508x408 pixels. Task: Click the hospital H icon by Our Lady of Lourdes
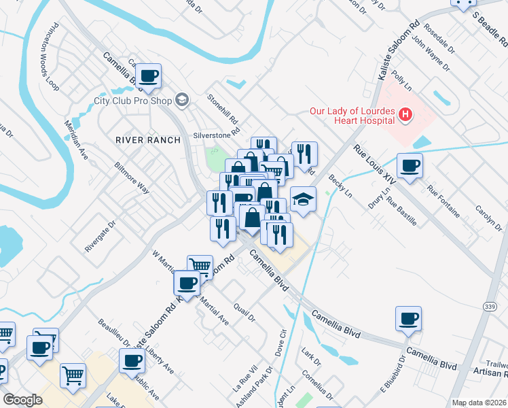[x=405, y=115]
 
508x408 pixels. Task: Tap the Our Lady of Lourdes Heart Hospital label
[x=352, y=116]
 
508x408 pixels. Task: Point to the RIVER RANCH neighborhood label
[x=148, y=140]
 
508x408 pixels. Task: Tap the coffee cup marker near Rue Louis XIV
[x=410, y=166]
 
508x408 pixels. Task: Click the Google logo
[x=22, y=399]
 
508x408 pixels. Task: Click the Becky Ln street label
[x=340, y=184]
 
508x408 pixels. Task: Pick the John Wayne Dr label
[x=429, y=56]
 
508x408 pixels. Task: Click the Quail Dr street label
[x=244, y=313]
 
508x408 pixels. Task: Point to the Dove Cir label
[x=283, y=343]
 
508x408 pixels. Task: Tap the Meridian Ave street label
[x=76, y=139]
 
